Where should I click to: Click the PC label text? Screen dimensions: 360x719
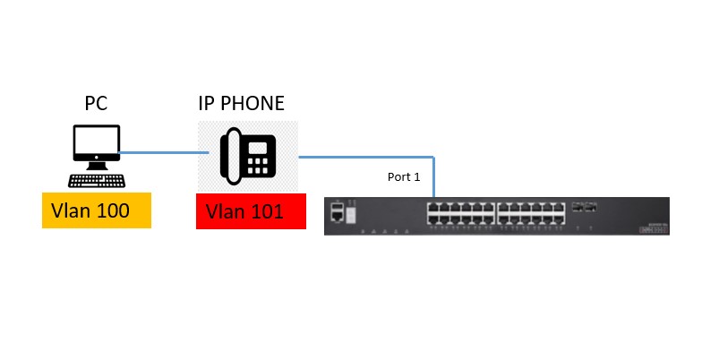tap(96, 104)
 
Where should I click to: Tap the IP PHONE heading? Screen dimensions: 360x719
tap(241, 104)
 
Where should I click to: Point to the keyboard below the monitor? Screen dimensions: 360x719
tap(97, 180)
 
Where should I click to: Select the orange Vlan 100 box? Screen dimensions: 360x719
tap(96, 211)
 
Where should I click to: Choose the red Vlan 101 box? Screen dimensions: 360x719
tap(252, 211)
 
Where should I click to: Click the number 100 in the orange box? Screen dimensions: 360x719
tap(113, 211)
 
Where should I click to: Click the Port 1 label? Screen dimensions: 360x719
tap(403, 177)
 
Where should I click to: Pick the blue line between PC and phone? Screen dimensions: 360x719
tap(165, 153)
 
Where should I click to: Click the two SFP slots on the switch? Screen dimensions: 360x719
tap(585, 207)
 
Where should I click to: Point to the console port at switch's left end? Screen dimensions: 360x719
tap(337, 212)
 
